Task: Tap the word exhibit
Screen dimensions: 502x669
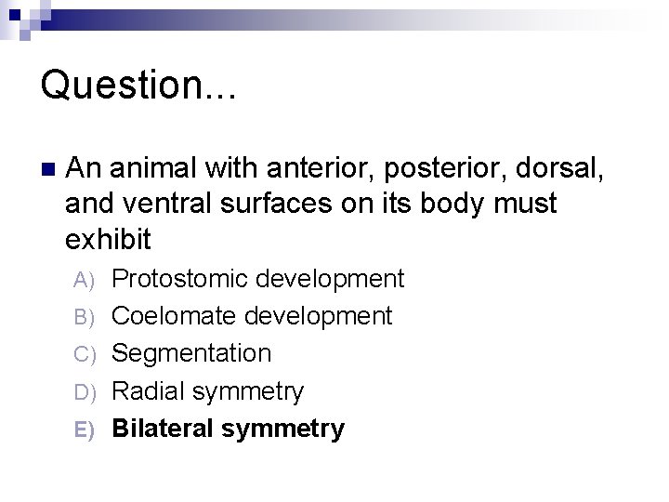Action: [x=108, y=239]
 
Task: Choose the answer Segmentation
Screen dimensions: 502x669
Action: [x=191, y=354]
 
